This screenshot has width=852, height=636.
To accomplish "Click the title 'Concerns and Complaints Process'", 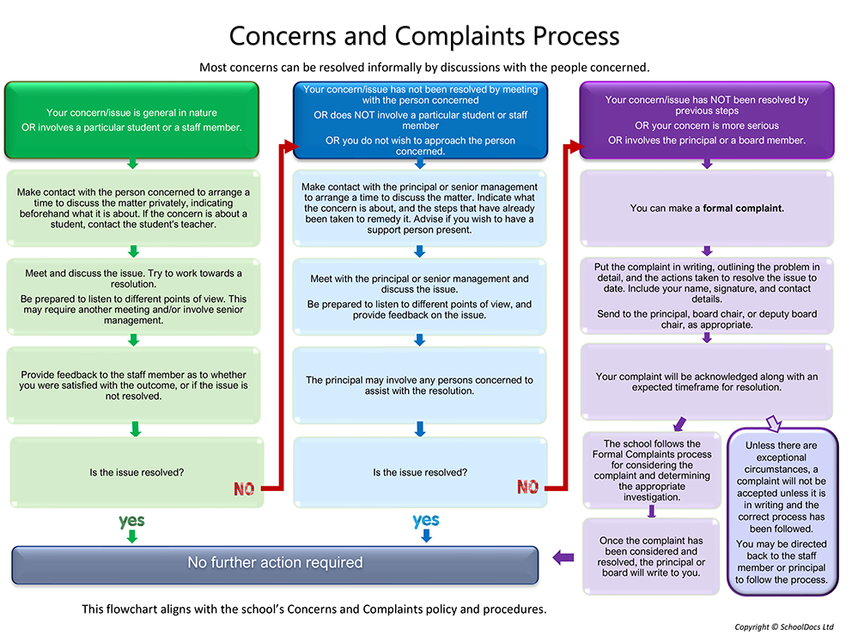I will click(x=423, y=36).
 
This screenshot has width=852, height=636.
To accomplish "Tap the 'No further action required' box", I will click(x=275, y=563).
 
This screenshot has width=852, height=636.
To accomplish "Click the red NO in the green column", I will click(x=245, y=489).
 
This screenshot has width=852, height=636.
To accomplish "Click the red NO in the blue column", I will click(x=527, y=487).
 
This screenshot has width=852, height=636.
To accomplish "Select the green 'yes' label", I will click(x=131, y=520).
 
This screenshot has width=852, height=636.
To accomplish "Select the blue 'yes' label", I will click(x=425, y=520).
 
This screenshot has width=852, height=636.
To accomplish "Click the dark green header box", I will click(x=131, y=120).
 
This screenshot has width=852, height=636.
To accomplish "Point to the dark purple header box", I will click(x=706, y=120).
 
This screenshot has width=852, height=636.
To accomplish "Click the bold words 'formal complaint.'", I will click(x=744, y=208).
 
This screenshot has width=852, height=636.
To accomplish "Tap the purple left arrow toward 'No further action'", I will click(x=563, y=557).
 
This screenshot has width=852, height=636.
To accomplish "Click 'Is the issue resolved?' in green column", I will click(x=136, y=472).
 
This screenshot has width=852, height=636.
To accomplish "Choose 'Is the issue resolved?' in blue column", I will click(x=420, y=472).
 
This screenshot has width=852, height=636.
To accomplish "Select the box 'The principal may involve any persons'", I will click(x=420, y=385).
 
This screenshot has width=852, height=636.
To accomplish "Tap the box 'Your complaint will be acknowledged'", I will click(x=706, y=382).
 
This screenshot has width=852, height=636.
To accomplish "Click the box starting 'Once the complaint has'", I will click(x=651, y=557).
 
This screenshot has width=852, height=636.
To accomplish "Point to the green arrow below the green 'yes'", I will click(x=131, y=536).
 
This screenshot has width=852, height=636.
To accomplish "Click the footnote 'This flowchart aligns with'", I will click(x=313, y=609).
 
